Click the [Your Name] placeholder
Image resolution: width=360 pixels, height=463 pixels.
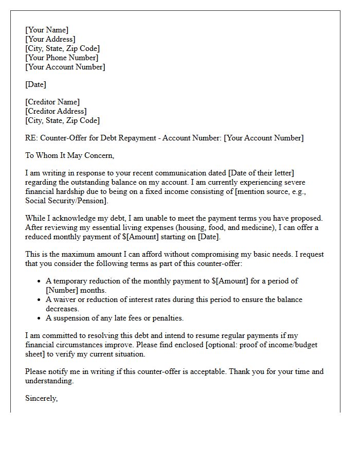tap(47, 30)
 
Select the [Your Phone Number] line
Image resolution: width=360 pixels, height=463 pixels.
tap(62, 58)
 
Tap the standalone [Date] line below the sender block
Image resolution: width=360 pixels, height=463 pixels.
tap(35, 84)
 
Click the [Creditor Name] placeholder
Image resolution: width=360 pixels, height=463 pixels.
tap(52, 102)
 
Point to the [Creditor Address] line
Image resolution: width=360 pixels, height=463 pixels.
tap(56, 111)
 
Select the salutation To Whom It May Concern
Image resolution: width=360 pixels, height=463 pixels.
tap(69, 155)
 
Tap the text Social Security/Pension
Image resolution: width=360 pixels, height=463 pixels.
tap(64, 201)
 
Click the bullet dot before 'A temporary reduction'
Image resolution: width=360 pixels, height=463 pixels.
tap(40, 281)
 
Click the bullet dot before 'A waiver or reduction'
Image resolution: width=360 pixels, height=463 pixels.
tap(40, 300)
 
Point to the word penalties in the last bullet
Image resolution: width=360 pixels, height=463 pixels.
tap(166, 318)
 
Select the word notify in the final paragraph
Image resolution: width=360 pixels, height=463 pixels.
tap(60, 371)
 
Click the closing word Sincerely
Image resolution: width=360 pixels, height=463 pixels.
tap(41, 398)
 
